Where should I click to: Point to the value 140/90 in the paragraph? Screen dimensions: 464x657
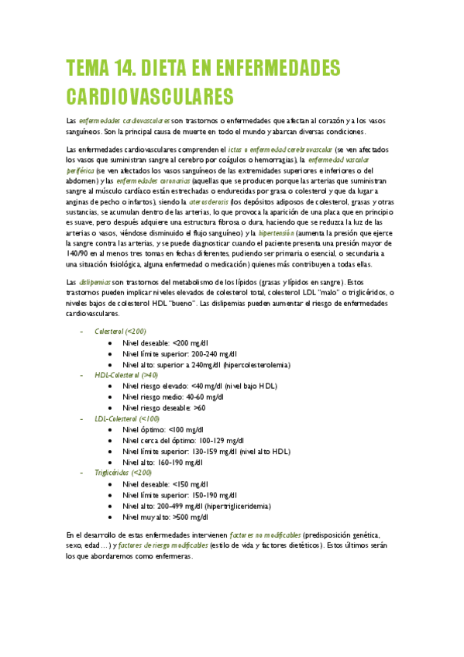[81, 253]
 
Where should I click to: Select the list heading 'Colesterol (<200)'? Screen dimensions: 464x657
[120, 331]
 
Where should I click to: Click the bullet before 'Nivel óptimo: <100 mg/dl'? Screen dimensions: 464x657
[112, 429]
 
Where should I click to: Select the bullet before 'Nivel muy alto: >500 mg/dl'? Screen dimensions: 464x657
[112, 517]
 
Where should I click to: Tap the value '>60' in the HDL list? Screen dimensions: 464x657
[199, 408]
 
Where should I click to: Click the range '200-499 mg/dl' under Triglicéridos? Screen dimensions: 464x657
[180, 505]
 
